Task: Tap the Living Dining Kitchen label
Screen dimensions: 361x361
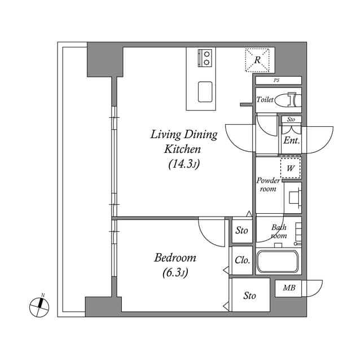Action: click(183, 142)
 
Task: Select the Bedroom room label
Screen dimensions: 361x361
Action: click(175, 258)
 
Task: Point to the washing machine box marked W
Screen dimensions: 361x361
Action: click(291, 168)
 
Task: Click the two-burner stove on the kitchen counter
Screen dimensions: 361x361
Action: click(206, 58)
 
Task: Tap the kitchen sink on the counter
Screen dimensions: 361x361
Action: click(205, 91)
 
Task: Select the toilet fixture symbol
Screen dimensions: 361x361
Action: click(292, 99)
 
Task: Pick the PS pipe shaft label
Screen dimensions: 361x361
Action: click(276, 81)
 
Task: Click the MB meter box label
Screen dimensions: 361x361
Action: click(289, 288)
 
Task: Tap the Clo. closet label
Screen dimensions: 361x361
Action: click(242, 261)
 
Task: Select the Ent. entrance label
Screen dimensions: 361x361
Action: click(291, 140)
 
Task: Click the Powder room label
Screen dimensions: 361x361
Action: click(268, 184)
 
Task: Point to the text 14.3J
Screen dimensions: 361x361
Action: click(184, 164)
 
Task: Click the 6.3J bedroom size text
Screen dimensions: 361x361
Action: click(176, 273)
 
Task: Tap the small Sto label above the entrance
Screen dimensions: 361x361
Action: click(291, 120)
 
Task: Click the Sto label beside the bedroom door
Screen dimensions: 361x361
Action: click(242, 230)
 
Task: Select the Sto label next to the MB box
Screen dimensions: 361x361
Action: click(250, 296)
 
